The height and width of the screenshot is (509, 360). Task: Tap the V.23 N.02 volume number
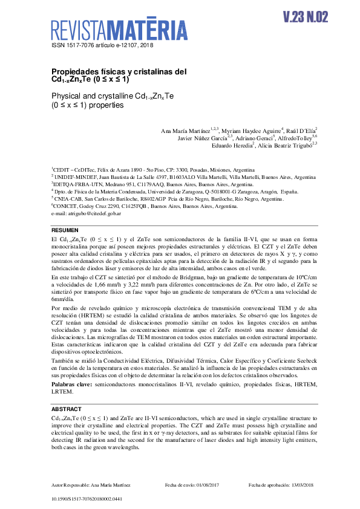[305, 17]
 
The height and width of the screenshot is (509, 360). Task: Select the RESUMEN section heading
[65, 231]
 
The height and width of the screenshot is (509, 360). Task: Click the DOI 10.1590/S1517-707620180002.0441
[87, 499]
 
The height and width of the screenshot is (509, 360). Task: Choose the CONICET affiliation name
[65, 206]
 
